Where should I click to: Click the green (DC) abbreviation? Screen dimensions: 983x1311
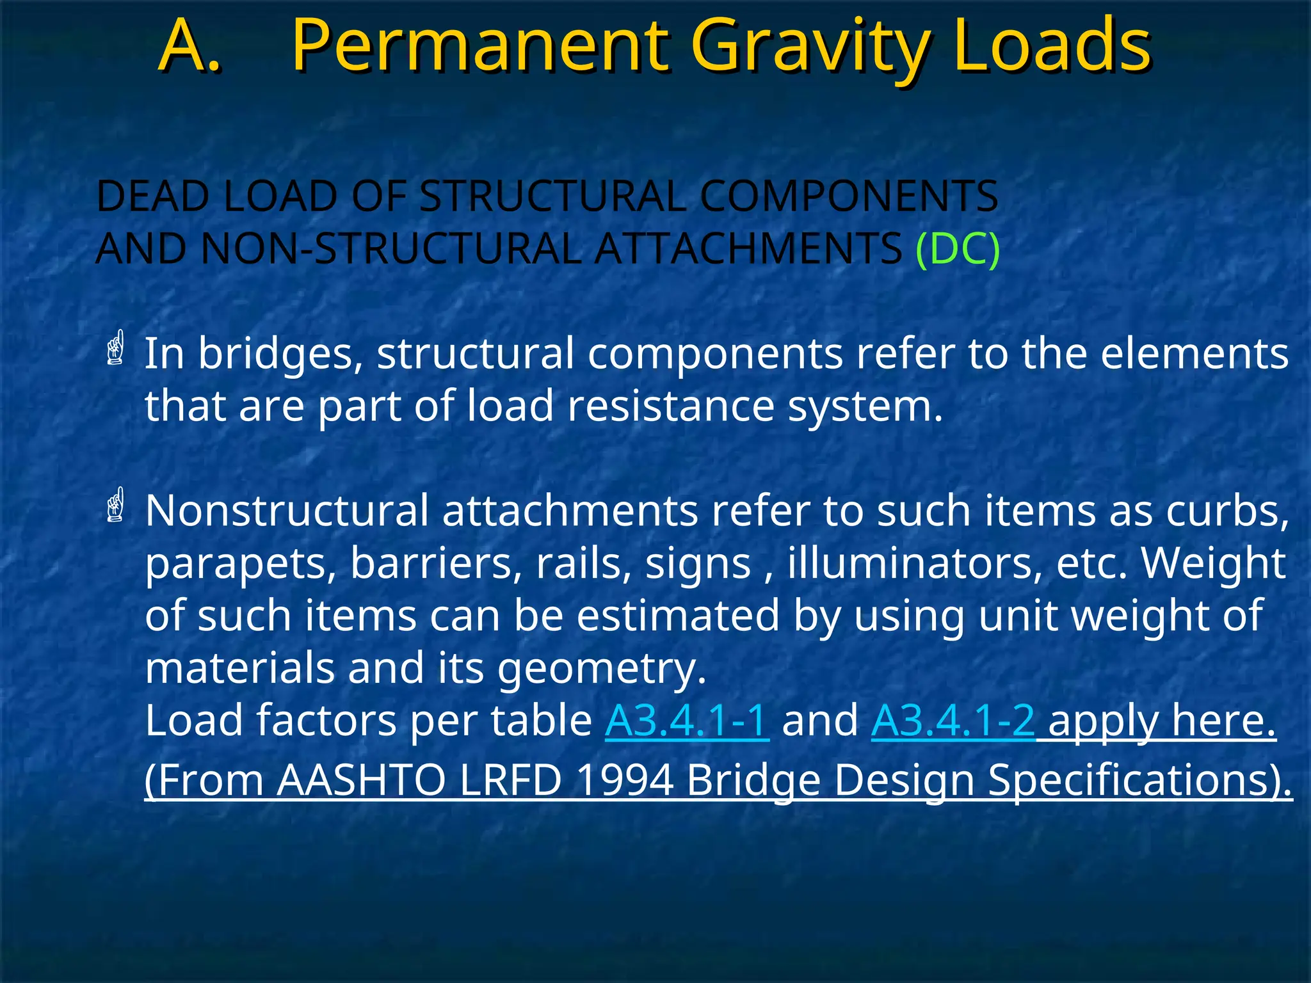tap(958, 249)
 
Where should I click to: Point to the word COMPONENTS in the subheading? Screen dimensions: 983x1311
tap(849, 196)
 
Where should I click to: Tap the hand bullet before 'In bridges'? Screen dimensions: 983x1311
tap(115, 348)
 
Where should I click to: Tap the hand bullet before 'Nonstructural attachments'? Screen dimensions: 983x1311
tap(115, 506)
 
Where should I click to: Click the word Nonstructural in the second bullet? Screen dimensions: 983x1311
tap(287, 511)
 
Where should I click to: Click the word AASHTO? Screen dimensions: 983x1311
tap(361, 780)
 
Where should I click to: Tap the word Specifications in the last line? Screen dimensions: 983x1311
tap(1139, 780)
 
